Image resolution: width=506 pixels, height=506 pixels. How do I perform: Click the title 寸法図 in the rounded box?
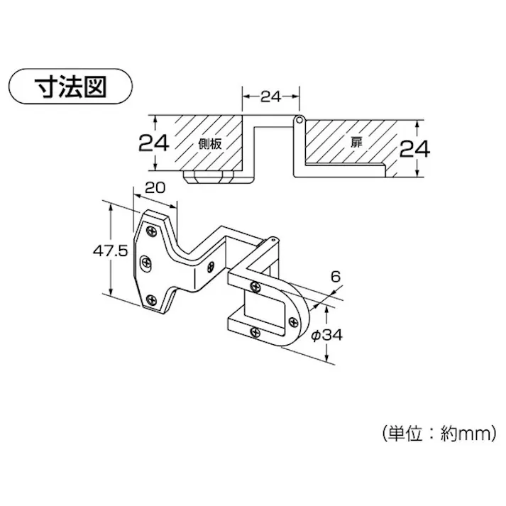[70, 88]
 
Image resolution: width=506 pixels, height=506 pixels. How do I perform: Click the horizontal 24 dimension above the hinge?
[271, 97]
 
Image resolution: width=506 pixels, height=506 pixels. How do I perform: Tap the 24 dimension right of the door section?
[413, 149]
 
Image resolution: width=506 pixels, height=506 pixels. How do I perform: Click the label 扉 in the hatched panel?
[356, 143]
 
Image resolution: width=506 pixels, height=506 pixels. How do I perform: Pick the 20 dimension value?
[155, 187]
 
